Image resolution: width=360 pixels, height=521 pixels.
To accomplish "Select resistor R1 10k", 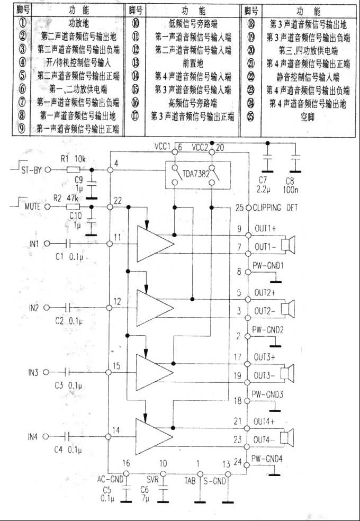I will [74, 170].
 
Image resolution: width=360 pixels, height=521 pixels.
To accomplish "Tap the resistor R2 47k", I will [73, 207].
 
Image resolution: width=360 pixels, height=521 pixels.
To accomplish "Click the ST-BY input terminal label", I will [31, 170].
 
